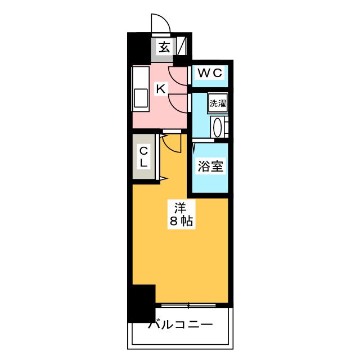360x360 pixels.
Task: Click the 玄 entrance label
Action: pos(163,48)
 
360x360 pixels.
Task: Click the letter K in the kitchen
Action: pos(160,88)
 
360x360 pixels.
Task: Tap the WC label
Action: pos(210,73)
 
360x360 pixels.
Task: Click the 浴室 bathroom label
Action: pos(210,166)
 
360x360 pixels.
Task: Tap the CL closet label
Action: pos(143,156)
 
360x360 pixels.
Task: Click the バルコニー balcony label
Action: pos(180,325)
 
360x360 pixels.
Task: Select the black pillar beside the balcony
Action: pos(141,303)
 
